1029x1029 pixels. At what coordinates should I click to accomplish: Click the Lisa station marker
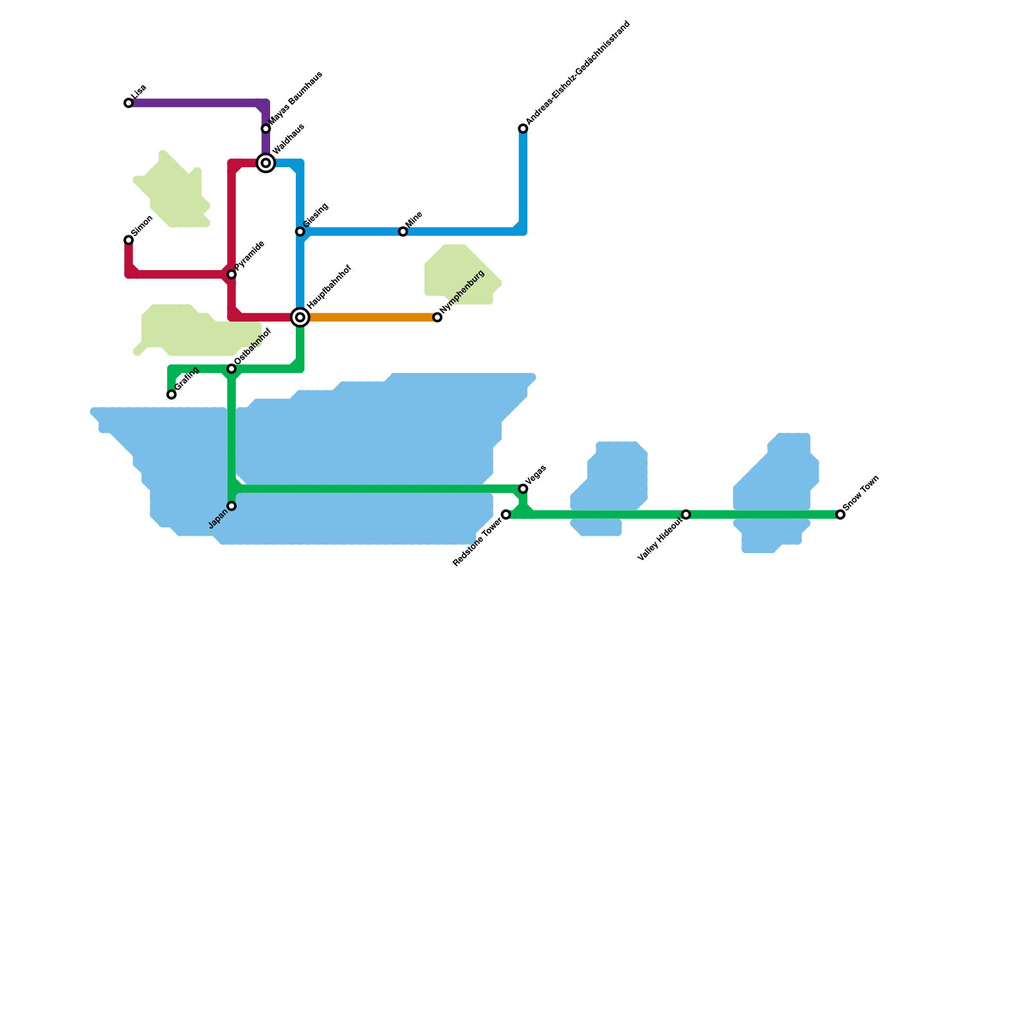[129, 103]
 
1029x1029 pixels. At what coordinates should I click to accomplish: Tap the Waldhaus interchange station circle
[266, 163]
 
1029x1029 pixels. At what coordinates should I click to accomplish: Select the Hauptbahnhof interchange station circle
[300, 317]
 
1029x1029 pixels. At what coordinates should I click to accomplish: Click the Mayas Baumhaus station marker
[266, 129]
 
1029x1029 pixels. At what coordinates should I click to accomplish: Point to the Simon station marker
[129, 240]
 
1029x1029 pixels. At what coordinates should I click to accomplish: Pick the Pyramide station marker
[232, 275]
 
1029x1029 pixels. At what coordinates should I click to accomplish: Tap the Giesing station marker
[300, 232]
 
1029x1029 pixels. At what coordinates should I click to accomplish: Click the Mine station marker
[403, 232]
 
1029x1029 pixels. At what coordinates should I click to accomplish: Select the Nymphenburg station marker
[437, 317]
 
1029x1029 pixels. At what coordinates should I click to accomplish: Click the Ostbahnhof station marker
[232, 369]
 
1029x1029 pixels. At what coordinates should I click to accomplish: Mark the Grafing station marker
[171, 394]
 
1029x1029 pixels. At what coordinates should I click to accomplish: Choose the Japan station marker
[232, 506]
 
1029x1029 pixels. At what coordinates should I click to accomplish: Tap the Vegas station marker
[523, 489]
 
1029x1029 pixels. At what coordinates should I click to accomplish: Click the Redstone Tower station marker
[506, 514]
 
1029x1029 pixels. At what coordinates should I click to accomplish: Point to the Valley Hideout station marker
[686, 514]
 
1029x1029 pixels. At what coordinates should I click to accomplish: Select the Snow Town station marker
[840, 514]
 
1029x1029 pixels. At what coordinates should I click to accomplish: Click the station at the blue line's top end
[523, 129]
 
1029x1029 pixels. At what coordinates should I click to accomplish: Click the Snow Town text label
[861, 493]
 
